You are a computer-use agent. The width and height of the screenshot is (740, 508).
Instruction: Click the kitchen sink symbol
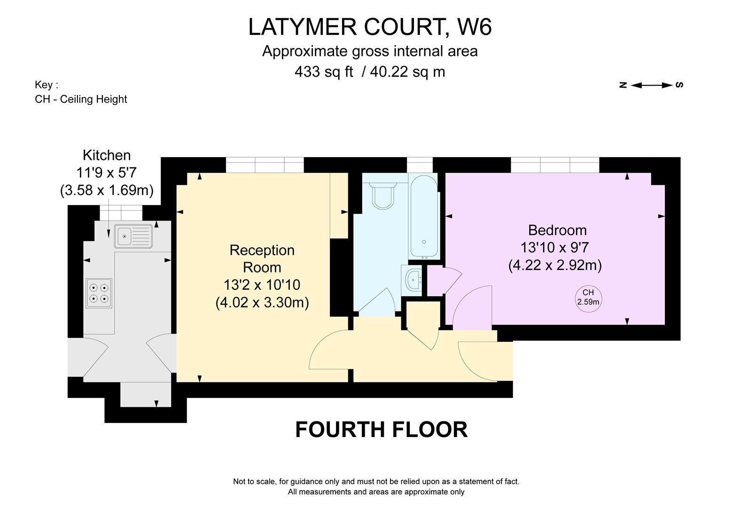[x=133, y=236]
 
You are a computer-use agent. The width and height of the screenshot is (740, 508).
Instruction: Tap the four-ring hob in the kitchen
[x=99, y=293]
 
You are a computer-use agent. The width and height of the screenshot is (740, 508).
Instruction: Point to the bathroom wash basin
[x=413, y=281]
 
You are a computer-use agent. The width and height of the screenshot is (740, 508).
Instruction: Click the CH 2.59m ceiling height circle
[x=588, y=297]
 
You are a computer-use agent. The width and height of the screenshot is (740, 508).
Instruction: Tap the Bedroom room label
[x=557, y=230]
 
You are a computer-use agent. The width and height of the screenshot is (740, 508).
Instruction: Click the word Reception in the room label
[x=262, y=250]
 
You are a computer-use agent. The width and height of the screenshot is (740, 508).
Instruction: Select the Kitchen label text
[x=107, y=155]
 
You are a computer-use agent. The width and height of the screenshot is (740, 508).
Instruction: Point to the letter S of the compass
[x=679, y=85]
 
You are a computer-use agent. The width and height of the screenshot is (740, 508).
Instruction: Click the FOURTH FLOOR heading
[x=381, y=429]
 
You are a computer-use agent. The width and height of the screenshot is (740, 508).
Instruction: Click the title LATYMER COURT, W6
[x=370, y=27]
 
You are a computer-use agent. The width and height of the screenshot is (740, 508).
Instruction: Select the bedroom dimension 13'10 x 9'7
[x=554, y=247]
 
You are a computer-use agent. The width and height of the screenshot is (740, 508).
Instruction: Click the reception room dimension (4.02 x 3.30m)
[x=262, y=302]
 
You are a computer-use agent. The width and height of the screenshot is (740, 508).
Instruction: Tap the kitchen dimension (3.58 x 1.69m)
[x=107, y=190]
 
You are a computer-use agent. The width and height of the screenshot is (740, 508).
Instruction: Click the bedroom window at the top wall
[x=555, y=165]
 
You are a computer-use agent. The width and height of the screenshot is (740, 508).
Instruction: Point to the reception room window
[x=265, y=165]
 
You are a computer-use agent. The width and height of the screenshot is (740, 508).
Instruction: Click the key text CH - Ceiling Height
[x=81, y=99]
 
